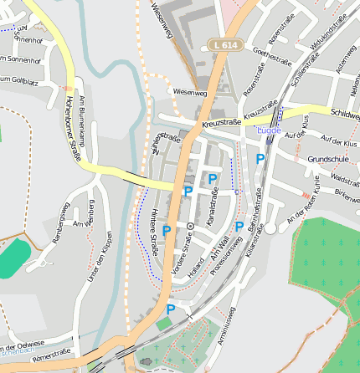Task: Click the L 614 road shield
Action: click(x=224, y=44)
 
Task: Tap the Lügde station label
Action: click(x=269, y=130)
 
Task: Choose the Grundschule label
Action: click(x=327, y=158)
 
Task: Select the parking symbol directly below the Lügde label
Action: click(x=260, y=158)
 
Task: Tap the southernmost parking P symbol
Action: click(x=171, y=309)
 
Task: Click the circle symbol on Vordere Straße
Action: click(x=190, y=226)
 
